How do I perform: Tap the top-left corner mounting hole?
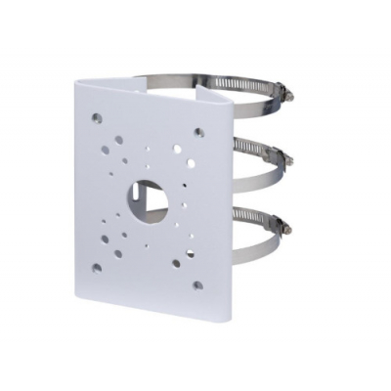tap(97, 117)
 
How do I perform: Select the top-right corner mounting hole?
tap(198, 132)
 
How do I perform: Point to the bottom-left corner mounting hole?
tap(97, 265)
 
